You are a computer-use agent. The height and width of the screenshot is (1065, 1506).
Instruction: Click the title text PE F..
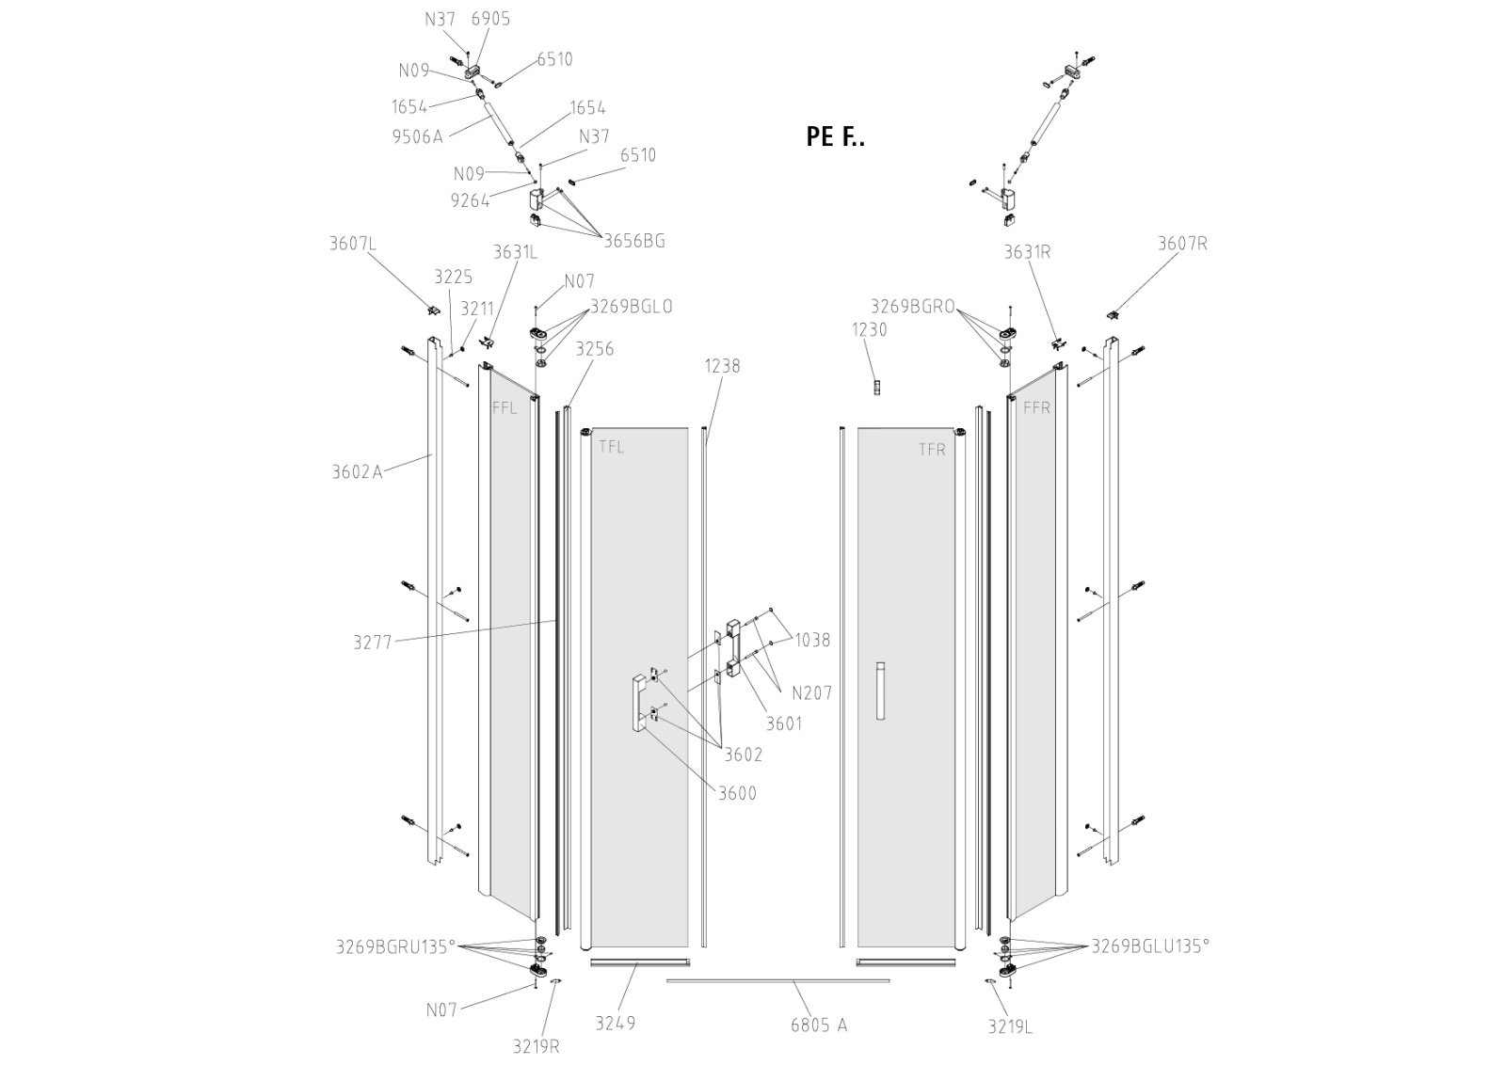pyautogui.click(x=835, y=136)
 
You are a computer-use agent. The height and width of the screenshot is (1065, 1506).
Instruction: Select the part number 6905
pyautogui.click(x=490, y=19)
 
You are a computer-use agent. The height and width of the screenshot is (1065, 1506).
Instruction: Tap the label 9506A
pyautogui.click(x=417, y=136)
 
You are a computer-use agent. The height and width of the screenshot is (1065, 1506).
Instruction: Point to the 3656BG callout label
pyautogui.click(x=634, y=241)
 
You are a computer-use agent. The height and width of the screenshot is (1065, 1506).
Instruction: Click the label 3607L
pyautogui.click(x=353, y=244)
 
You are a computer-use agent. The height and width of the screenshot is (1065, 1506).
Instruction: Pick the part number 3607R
pyautogui.click(x=1182, y=244)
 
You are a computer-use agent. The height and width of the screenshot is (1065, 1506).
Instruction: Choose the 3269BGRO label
pyautogui.click(x=912, y=306)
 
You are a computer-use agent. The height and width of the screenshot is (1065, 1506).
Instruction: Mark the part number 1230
pyautogui.click(x=869, y=329)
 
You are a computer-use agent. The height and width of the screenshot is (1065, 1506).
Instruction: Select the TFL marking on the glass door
pyautogui.click(x=611, y=447)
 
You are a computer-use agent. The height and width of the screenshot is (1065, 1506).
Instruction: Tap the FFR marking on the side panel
pyautogui.click(x=1036, y=408)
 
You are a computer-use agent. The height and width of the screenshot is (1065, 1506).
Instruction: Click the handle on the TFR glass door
pyautogui.click(x=880, y=691)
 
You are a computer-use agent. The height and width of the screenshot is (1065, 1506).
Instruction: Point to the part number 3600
pyautogui.click(x=737, y=793)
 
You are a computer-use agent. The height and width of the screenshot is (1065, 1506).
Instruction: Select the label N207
pyautogui.click(x=811, y=693)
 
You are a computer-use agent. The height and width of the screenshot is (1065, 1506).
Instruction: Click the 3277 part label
pyautogui.click(x=373, y=643)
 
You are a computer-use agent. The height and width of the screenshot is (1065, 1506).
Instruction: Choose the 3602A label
pyautogui.click(x=357, y=472)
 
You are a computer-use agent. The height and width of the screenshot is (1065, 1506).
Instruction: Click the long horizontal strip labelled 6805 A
pyautogui.click(x=777, y=980)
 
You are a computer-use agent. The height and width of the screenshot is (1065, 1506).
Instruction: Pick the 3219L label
pyautogui.click(x=1010, y=1027)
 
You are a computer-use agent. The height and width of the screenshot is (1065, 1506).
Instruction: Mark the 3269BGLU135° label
pyautogui.click(x=1150, y=946)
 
